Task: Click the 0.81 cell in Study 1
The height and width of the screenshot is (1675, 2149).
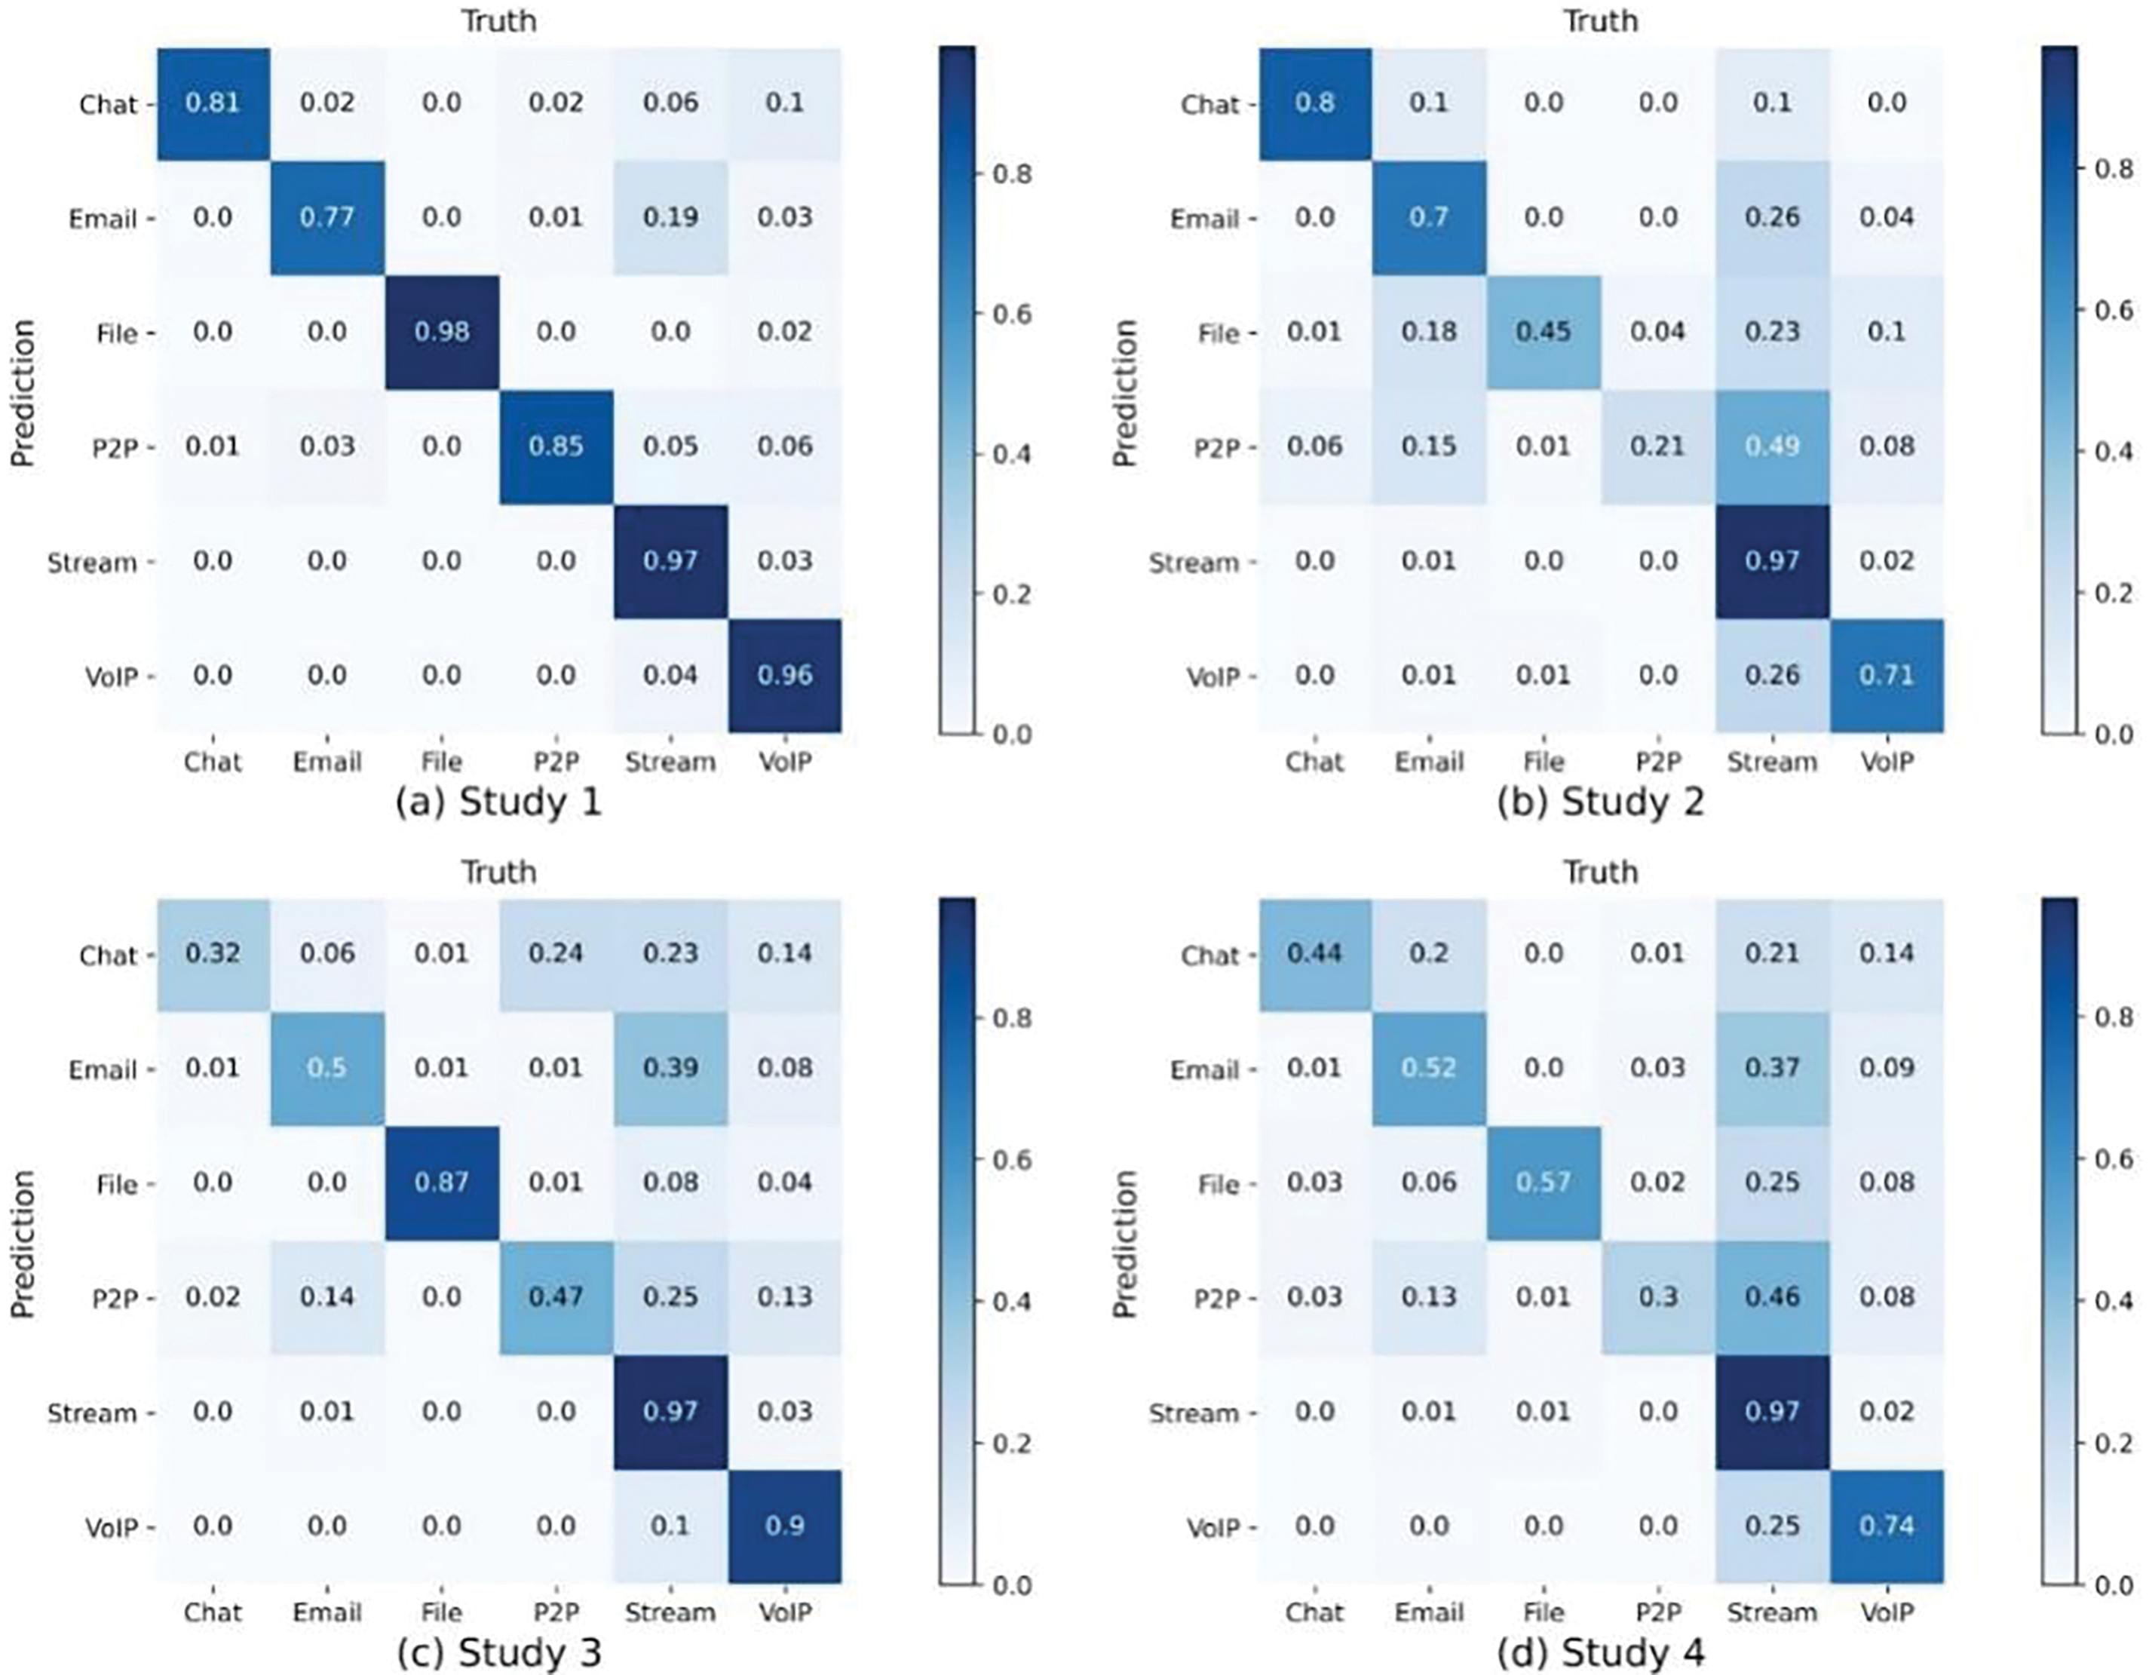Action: point(213,103)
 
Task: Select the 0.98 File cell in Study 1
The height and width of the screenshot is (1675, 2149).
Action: point(441,333)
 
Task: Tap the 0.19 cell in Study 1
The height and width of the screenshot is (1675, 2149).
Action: point(670,217)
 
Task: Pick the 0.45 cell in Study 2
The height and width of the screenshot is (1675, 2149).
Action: point(1543,333)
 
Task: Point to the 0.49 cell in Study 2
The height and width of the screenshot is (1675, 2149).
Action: point(1772,446)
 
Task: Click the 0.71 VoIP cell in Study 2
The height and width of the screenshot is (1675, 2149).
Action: point(1887,676)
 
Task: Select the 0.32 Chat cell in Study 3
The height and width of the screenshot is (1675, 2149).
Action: point(213,953)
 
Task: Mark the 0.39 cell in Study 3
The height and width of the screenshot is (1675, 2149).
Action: point(670,1069)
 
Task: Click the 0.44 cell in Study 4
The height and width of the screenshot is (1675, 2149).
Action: point(1314,953)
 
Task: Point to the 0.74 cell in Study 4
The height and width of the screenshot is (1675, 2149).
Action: point(1887,1526)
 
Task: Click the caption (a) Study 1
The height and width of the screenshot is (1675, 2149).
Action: point(498,804)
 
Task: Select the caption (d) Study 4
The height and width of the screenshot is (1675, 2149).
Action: point(1600,1653)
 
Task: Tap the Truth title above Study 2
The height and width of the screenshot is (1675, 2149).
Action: point(1601,20)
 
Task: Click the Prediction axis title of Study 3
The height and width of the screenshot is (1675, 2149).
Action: point(23,1244)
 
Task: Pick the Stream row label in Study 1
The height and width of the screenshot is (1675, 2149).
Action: point(91,563)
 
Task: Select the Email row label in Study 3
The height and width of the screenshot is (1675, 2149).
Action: point(103,1069)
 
